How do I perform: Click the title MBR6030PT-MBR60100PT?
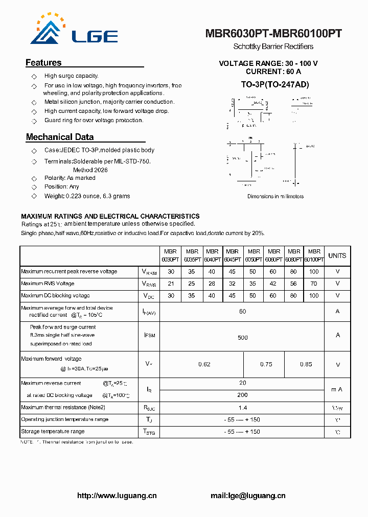(x=273, y=34)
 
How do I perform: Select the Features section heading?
(x=43, y=63)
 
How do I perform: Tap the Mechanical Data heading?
(x=60, y=137)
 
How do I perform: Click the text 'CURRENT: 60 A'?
(x=273, y=72)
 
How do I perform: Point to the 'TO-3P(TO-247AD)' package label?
(x=275, y=84)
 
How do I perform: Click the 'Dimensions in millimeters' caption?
(x=275, y=196)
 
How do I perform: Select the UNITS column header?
(x=337, y=255)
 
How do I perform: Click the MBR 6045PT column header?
(x=233, y=255)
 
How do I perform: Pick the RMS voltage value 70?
(x=314, y=284)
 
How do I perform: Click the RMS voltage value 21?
(x=171, y=284)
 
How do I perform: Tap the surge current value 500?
(x=242, y=337)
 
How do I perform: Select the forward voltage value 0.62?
(x=204, y=365)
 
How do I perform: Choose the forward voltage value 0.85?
(x=306, y=365)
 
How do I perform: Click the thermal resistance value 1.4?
(x=242, y=408)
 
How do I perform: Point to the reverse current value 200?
(x=242, y=395)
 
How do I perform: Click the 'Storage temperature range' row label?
(x=53, y=432)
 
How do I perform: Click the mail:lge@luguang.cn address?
(x=248, y=496)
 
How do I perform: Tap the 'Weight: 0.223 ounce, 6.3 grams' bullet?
(x=87, y=196)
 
